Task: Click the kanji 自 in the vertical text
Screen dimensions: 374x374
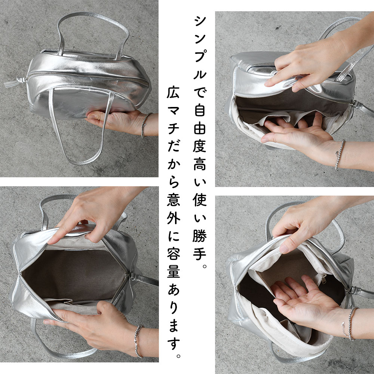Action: (x=200, y=110)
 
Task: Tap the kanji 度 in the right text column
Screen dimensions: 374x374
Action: (x=200, y=146)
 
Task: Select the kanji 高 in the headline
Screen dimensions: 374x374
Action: (x=200, y=164)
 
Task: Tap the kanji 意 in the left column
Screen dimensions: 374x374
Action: (x=174, y=199)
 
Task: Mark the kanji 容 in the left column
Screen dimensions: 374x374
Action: (x=174, y=254)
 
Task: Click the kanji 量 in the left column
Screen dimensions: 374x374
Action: (x=174, y=272)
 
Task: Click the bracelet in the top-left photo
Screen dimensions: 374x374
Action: (x=144, y=125)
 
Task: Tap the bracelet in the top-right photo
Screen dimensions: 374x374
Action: (x=340, y=154)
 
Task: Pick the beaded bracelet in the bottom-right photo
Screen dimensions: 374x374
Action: (x=351, y=324)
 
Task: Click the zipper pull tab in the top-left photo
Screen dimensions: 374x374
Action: (x=14, y=82)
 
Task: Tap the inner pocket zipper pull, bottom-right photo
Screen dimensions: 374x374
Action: (x=323, y=278)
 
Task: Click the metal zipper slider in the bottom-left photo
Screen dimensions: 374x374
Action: (x=131, y=277)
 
